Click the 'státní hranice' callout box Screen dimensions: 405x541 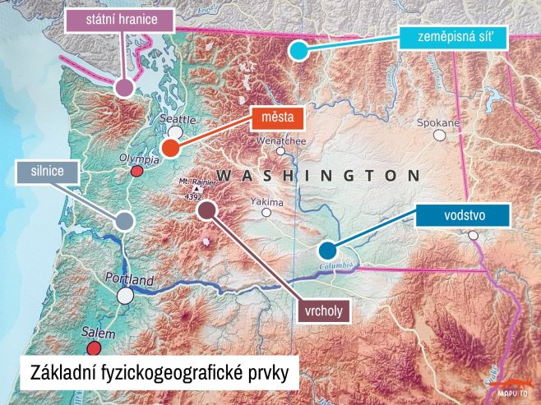121,17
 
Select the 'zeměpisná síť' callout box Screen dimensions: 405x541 453,37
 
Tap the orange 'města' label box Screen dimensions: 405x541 277,117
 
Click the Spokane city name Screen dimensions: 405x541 438,122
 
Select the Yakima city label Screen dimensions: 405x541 266,201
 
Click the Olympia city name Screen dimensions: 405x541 137,158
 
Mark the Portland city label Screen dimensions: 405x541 130,281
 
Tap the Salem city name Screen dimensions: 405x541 99,333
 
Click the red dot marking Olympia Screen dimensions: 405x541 137,172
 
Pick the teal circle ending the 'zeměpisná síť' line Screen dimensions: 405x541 298,51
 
